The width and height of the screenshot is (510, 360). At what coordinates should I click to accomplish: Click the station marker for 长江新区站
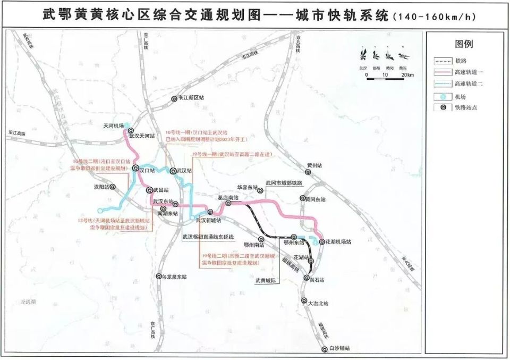tap(174, 99)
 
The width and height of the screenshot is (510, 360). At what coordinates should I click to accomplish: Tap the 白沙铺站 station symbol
tap(325, 349)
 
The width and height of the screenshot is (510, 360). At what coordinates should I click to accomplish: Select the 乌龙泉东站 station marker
tap(158, 277)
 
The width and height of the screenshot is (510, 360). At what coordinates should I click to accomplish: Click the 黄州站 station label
tap(314, 165)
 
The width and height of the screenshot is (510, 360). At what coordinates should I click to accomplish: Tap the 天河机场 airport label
tap(113, 126)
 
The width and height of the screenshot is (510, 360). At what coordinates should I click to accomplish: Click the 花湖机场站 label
tap(339, 241)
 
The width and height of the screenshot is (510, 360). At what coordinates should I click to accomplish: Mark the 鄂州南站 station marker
tap(260, 239)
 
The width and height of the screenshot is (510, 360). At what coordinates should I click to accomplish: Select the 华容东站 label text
tap(247, 188)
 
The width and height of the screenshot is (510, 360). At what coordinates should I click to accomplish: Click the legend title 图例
tap(463, 44)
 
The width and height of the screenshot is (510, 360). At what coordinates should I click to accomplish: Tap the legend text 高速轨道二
tap(468, 84)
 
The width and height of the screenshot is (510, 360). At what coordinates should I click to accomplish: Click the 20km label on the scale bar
tap(407, 76)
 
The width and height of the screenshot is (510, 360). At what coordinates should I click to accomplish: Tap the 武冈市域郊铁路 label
tap(284, 183)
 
